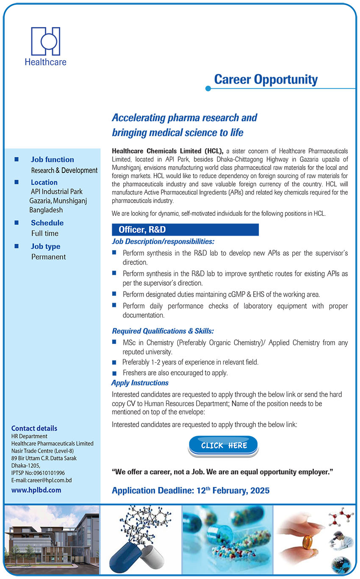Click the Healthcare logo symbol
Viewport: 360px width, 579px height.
coord(45,41)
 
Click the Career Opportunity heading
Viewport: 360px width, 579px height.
coord(266,79)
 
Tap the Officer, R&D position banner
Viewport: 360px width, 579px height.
coord(185,230)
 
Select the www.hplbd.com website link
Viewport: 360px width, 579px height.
coord(36,490)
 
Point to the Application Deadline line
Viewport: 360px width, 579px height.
coord(191,491)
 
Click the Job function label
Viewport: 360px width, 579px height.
coord(52,160)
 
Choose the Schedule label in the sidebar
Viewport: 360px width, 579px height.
coord(47,223)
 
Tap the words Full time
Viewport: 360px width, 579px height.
coord(45,234)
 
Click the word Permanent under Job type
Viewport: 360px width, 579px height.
coord(49,257)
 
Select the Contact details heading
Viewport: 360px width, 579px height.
coord(34,429)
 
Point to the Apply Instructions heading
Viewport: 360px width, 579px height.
coord(140,383)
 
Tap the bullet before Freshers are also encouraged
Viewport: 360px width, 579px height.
coord(114,373)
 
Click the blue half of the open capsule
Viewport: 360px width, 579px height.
coord(124,555)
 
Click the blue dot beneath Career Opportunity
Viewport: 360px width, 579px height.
coord(208,89)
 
